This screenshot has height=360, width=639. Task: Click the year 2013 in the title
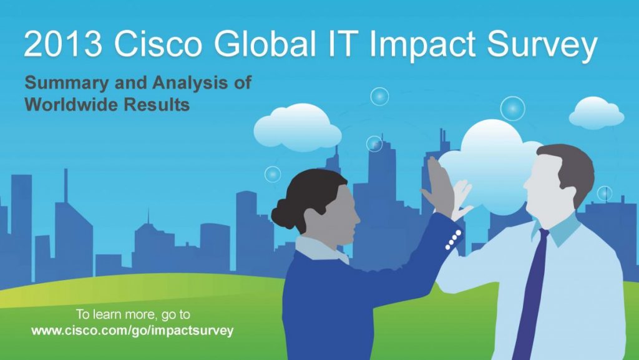coord(63,43)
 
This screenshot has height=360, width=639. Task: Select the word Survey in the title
coord(542,46)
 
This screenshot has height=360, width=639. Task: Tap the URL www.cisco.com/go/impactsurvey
coord(132,330)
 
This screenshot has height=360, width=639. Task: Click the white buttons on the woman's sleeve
coord(454,240)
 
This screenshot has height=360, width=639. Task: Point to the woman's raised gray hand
coord(439,187)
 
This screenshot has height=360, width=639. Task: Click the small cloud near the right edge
coord(596,113)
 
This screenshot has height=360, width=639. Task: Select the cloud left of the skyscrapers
coord(298,129)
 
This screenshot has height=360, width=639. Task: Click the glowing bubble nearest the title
coord(379,97)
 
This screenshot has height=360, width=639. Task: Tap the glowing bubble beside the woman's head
coord(273,174)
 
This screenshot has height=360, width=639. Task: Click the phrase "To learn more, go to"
coord(133,314)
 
